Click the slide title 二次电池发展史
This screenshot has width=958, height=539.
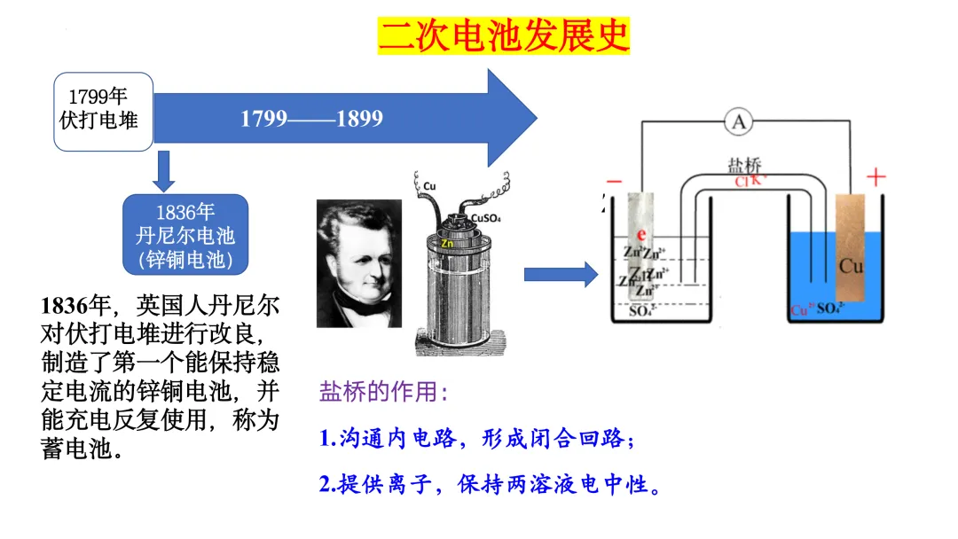(503, 36)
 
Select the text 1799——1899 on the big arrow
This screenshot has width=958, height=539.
(311, 118)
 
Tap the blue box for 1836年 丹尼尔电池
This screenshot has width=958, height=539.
(185, 236)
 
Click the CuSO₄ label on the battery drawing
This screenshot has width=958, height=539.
(488, 217)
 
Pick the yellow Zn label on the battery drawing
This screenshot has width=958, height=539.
(447, 242)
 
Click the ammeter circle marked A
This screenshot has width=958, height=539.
(738, 122)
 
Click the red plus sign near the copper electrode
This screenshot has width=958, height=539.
(876, 178)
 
